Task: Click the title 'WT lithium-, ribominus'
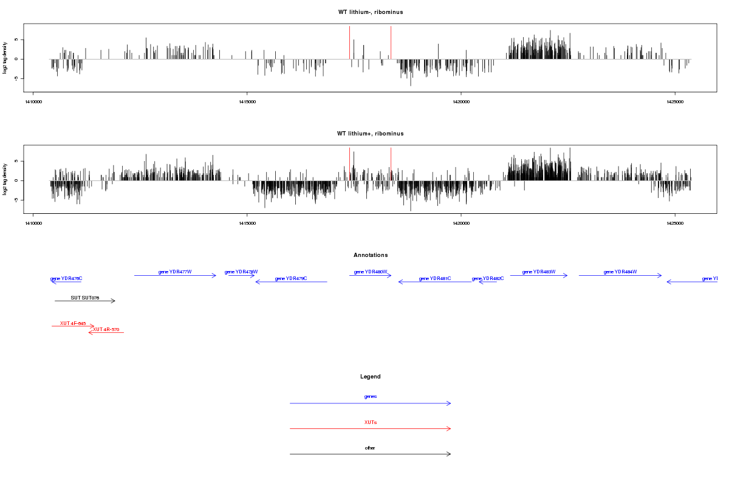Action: click(x=370, y=12)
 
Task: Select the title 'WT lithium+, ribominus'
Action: click(x=370, y=134)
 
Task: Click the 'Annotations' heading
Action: click(x=370, y=255)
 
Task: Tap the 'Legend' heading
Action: click(x=370, y=377)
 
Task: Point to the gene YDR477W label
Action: click(x=175, y=272)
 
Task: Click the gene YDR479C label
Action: click(x=291, y=278)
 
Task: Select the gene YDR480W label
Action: click(x=371, y=272)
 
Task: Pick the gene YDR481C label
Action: click(x=435, y=278)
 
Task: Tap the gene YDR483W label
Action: click(x=539, y=272)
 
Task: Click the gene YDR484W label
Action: click(x=620, y=272)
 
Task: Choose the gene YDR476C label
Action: click(x=66, y=278)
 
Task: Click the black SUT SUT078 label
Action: click(x=85, y=298)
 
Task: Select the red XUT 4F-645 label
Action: click(x=73, y=323)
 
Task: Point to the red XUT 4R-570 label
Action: click(x=106, y=329)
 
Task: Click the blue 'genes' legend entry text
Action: click(x=370, y=396)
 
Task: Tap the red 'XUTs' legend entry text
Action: click(x=370, y=422)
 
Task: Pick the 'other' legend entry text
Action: click(x=370, y=448)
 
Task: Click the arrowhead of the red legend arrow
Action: click(x=450, y=429)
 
